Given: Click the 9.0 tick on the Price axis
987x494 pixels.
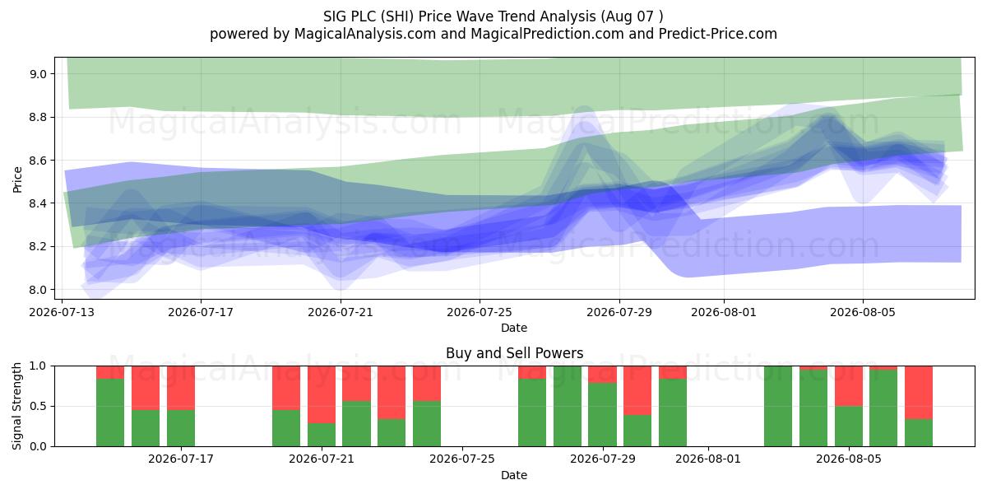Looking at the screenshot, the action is (38, 74).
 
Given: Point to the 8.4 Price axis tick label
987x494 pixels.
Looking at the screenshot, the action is (38, 203).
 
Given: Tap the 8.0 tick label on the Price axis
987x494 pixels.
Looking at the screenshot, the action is (38, 290).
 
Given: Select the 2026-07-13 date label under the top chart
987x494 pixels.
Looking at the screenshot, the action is (62, 312).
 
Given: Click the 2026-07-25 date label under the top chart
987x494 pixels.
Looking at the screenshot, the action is (480, 312).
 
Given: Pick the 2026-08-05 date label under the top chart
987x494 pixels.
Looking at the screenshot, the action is (863, 312).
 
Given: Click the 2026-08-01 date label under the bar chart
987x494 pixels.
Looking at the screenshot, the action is (708, 459).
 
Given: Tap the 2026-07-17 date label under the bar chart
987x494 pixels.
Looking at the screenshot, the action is (181, 459).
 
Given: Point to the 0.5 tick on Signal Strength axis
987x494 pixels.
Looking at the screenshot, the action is (38, 406).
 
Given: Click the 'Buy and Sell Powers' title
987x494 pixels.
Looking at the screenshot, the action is (514, 353).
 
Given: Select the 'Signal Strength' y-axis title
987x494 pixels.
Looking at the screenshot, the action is (16, 406).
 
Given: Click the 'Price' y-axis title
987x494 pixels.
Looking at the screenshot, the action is (17, 179).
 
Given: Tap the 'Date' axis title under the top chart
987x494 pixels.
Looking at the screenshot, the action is (514, 328).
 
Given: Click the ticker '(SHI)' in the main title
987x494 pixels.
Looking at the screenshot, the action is (397, 16).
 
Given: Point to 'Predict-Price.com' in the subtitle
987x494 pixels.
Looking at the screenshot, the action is (718, 34).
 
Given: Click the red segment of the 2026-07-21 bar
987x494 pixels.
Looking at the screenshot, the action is (322, 394).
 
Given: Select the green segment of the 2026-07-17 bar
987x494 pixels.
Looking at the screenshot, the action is (181, 428).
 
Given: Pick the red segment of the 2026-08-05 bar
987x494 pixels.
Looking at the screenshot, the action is (849, 386).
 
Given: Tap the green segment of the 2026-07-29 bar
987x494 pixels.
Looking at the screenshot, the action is (602, 415).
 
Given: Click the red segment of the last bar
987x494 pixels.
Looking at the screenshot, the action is (919, 393).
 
